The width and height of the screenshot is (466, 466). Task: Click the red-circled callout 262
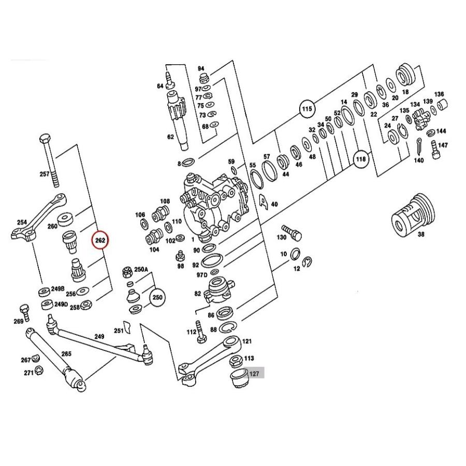pyautogui.click(x=100, y=240)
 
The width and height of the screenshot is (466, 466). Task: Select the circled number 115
pyautogui.click(x=308, y=109)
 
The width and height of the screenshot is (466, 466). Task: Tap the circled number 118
pyautogui.click(x=361, y=159)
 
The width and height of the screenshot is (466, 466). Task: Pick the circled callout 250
pyautogui.click(x=157, y=298)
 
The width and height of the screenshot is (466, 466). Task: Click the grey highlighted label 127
pyautogui.click(x=254, y=373)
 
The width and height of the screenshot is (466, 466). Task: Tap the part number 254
pyautogui.click(x=22, y=222)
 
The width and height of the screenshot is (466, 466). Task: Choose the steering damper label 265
pyautogui.click(x=66, y=354)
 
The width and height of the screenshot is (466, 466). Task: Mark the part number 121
pyautogui.click(x=247, y=342)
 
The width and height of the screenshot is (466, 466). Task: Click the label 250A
pyautogui.click(x=141, y=270)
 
